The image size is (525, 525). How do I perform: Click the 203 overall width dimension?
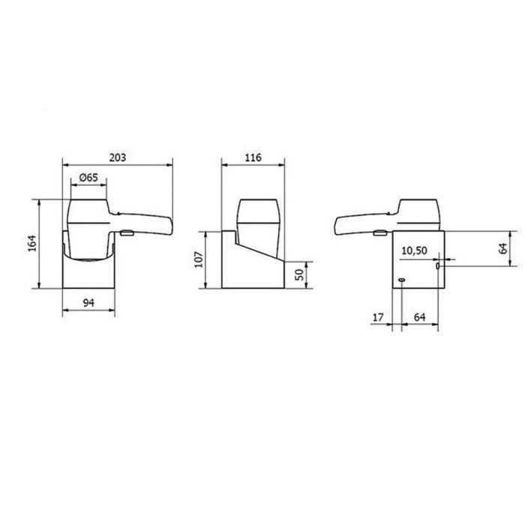click(x=117, y=157)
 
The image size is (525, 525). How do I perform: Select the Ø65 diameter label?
click(x=88, y=178)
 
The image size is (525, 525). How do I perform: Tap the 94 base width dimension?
click(x=88, y=302)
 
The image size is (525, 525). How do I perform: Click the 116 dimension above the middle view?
click(x=253, y=157)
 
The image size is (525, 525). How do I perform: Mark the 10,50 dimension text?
click(x=415, y=250)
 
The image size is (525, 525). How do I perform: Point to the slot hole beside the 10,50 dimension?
click(x=438, y=265)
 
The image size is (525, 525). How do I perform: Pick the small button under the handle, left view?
click(x=127, y=234)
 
